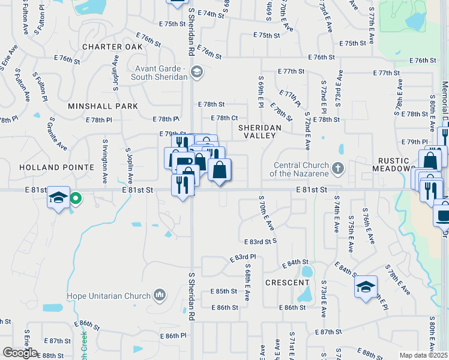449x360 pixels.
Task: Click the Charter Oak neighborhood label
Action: tap(113, 47)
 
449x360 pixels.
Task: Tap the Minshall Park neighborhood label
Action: tap(103, 106)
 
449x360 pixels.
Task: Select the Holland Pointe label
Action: tap(57, 167)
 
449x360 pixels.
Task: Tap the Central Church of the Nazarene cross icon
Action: tap(338, 168)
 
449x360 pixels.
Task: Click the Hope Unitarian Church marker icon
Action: tap(160, 295)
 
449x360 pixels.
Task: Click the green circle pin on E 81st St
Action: tap(76, 197)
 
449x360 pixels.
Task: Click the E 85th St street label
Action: tap(224, 291)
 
